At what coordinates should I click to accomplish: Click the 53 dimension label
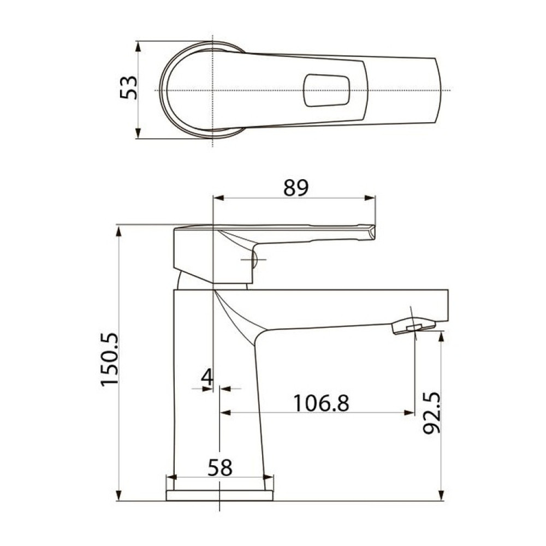[x=128, y=87]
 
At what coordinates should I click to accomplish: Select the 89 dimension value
[x=296, y=188]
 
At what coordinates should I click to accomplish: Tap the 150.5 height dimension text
[x=110, y=359]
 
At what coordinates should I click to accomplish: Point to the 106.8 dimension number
[x=321, y=403]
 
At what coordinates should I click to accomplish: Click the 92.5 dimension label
[x=432, y=413]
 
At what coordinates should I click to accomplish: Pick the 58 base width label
[x=220, y=468]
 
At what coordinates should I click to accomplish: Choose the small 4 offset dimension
[x=207, y=377]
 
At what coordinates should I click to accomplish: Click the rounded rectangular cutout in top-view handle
[x=327, y=90]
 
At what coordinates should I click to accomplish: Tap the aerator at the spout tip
[x=414, y=327]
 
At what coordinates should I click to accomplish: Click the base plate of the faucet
[x=219, y=496]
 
